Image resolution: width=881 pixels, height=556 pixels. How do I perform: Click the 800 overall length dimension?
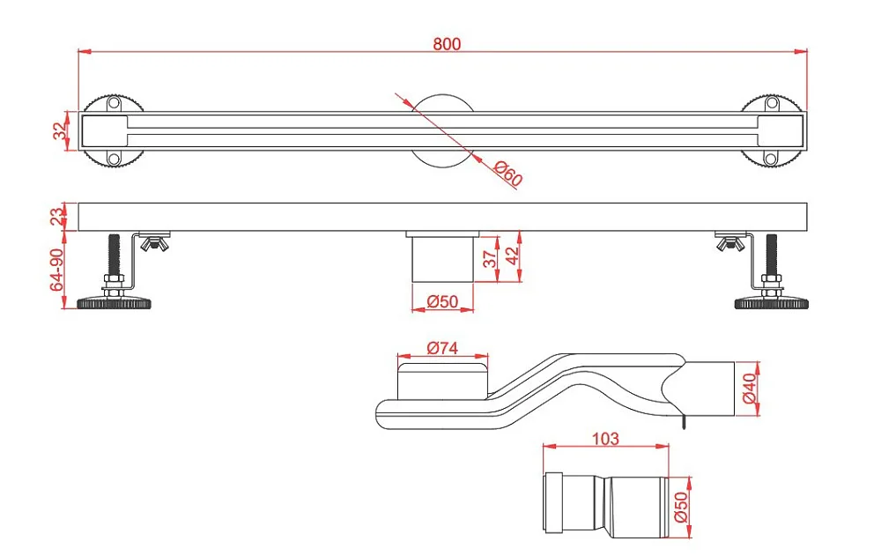point(447,44)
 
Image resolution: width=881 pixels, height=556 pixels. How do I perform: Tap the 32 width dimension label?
point(59,131)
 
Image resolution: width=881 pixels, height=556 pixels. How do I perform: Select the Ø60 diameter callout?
point(508,174)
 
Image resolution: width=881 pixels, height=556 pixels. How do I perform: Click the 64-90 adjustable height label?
point(57,271)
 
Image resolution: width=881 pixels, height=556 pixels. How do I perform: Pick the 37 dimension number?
point(489,258)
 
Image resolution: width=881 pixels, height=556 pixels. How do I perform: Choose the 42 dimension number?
point(512,256)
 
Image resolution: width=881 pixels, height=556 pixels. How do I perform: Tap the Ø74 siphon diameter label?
point(442,348)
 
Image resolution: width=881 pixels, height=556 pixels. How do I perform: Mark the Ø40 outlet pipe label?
point(750,389)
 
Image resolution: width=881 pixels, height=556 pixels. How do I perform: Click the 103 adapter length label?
point(605,438)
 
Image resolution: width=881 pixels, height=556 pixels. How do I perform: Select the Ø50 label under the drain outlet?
point(442,302)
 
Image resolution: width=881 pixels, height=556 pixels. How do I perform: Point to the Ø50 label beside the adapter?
point(680,507)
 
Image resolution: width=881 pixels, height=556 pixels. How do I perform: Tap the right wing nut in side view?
point(731,243)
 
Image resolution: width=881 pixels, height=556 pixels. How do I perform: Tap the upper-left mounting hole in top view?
point(114,103)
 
